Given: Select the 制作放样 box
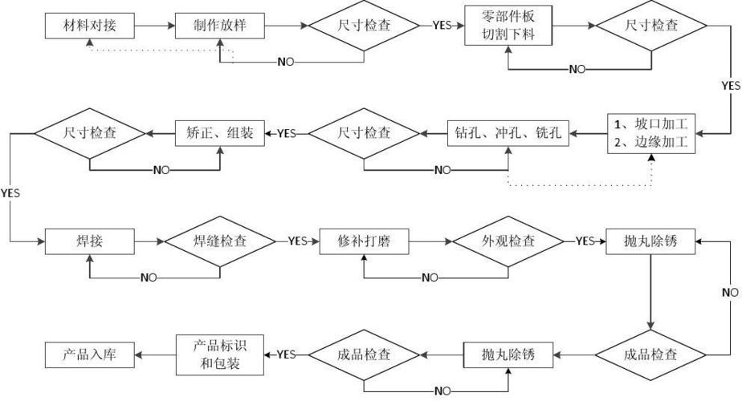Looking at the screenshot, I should pyautogui.click(x=219, y=26).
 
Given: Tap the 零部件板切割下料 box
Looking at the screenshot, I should pyautogui.click(x=507, y=25).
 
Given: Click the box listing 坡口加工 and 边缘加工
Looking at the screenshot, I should pyautogui.click(x=651, y=133).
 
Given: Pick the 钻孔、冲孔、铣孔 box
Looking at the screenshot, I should pyautogui.click(x=508, y=133).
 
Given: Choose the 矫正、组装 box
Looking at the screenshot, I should pyautogui.click(x=219, y=133).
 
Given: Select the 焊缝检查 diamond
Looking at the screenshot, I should pyautogui.click(x=219, y=241).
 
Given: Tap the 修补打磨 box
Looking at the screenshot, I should pyautogui.click(x=363, y=241).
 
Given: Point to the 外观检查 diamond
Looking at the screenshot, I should pyautogui.click(x=507, y=241).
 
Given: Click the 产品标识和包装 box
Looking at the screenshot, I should pyautogui.click(x=219, y=354).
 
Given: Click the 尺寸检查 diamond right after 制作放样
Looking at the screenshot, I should pyautogui.click(x=364, y=26).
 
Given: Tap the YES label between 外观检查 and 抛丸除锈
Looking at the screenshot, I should pyautogui.click(x=585, y=241).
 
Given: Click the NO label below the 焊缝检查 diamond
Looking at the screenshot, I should pyautogui.click(x=149, y=277).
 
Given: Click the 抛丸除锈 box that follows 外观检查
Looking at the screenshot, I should pyautogui.click(x=651, y=241).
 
